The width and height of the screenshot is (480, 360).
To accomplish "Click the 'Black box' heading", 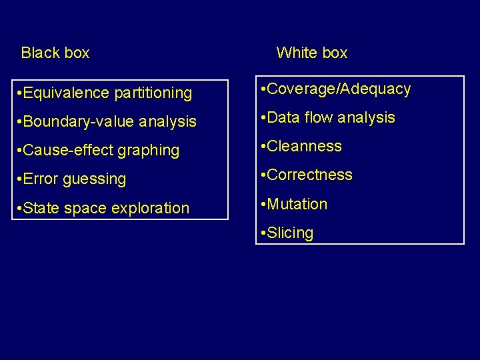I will click(55, 53).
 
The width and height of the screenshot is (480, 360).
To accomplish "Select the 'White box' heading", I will click(311, 53).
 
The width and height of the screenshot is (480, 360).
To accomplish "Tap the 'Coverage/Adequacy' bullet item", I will click(336, 89).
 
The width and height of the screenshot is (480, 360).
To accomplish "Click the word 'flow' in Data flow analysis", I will click(317, 117).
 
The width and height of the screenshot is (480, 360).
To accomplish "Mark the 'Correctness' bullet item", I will click(307, 175).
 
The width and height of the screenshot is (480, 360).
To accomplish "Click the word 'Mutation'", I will click(298, 204).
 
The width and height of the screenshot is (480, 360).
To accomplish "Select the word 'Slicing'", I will click(291, 233).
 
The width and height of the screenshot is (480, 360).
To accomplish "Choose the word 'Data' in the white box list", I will click(284, 117).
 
